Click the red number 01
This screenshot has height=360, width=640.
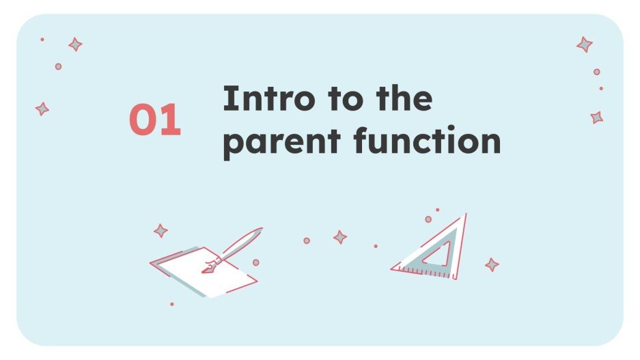click(x=155, y=120)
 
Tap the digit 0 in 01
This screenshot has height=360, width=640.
click(x=143, y=120)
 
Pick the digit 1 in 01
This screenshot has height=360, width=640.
click(x=171, y=120)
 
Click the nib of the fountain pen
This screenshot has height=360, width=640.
click(x=208, y=268)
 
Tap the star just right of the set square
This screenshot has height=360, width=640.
click(x=491, y=264)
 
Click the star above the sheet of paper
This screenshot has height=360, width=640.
click(x=161, y=231)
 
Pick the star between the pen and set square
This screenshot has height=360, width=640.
click(x=339, y=237)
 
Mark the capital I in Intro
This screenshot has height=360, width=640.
click(x=228, y=100)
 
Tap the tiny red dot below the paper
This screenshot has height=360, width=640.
click(x=171, y=304)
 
